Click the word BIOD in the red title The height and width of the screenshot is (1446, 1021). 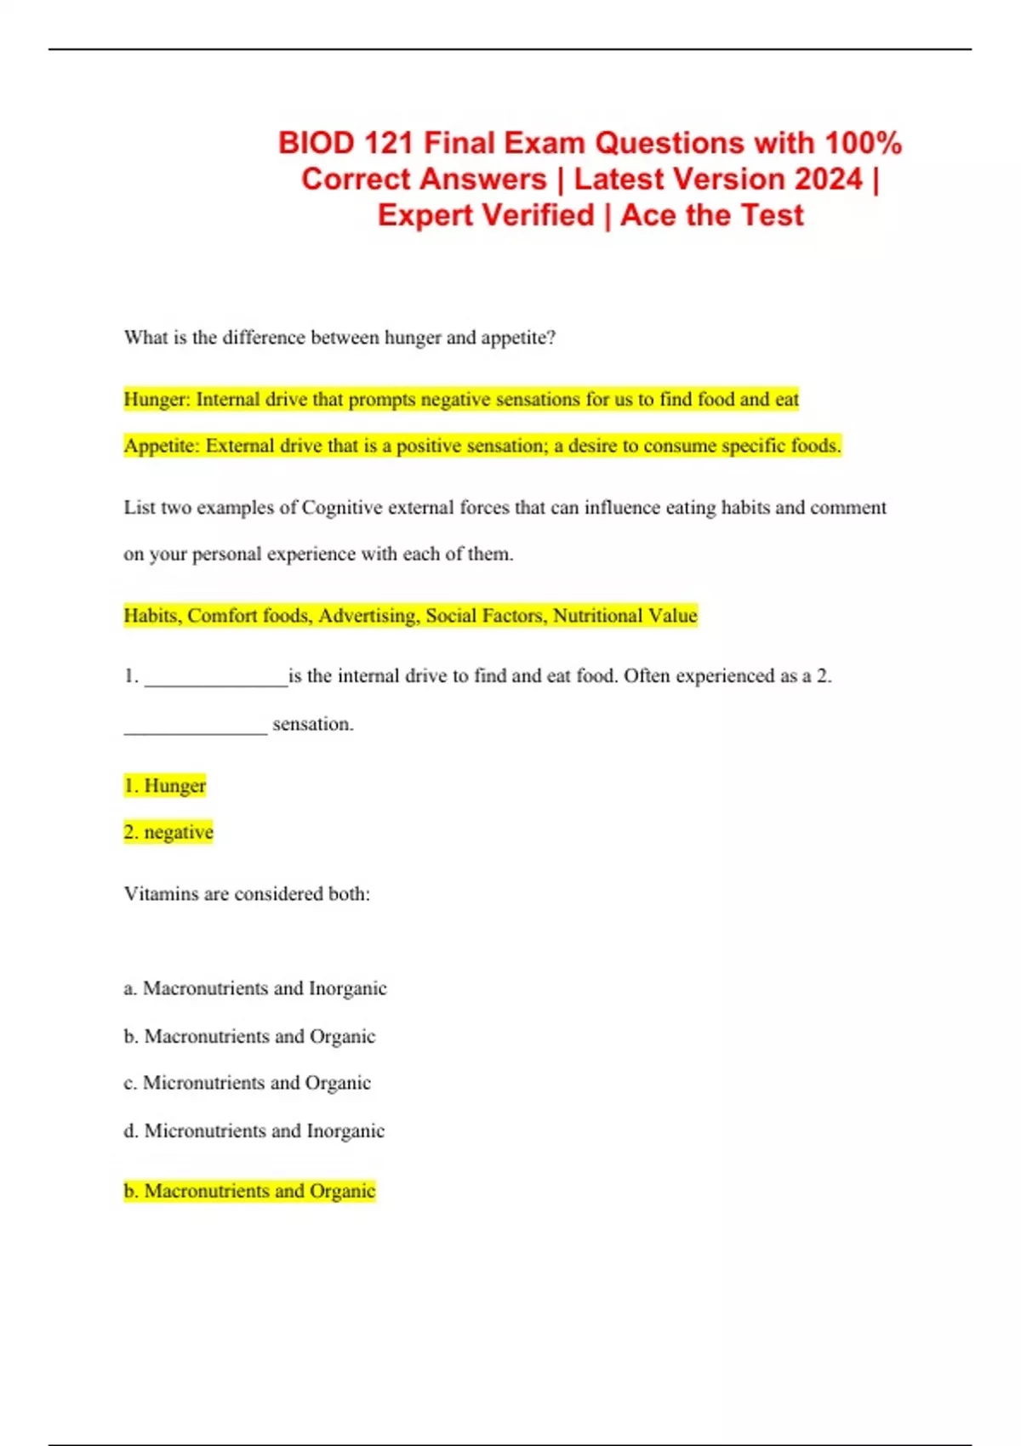(316, 143)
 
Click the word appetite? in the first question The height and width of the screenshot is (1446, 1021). (518, 338)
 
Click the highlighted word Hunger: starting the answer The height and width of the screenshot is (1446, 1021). (157, 400)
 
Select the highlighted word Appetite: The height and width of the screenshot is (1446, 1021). (163, 446)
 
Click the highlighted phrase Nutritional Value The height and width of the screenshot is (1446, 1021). (625, 616)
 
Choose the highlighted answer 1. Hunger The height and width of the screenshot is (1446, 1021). (165, 786)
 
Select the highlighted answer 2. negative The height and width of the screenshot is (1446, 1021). (168, 832)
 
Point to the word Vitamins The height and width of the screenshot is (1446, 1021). (161, 894)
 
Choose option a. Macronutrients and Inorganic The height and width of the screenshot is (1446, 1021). (255, 988)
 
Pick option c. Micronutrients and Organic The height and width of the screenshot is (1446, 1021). (248, 1083)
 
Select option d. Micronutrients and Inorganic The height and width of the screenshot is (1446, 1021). (254, 1130)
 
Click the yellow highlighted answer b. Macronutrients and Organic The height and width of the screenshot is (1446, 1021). (249, 1191)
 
